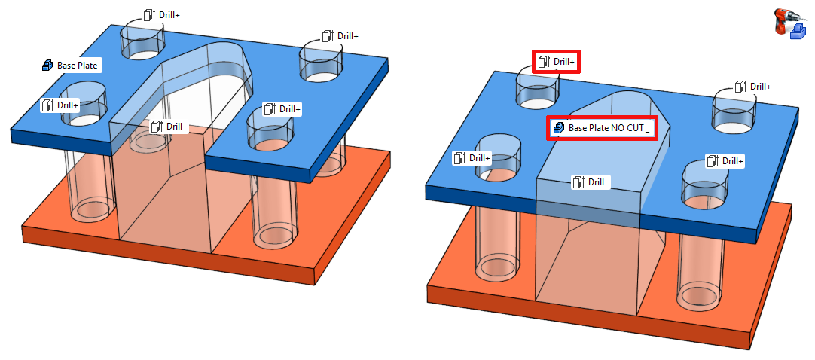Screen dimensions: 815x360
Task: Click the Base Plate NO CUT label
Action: coord(602,128)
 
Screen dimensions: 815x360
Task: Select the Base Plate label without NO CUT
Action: coord(72,66)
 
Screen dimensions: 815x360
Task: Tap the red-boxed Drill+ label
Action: coord(556,62)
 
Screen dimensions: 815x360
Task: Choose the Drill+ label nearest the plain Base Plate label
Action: coord(60,105)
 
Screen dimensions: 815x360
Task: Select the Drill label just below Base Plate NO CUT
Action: coord(591,182)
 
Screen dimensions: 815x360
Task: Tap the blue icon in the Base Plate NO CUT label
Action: coord(559,128)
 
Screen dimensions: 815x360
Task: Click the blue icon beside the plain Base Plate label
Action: coord(47,66)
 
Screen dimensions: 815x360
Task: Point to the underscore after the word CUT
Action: coord(648,133)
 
